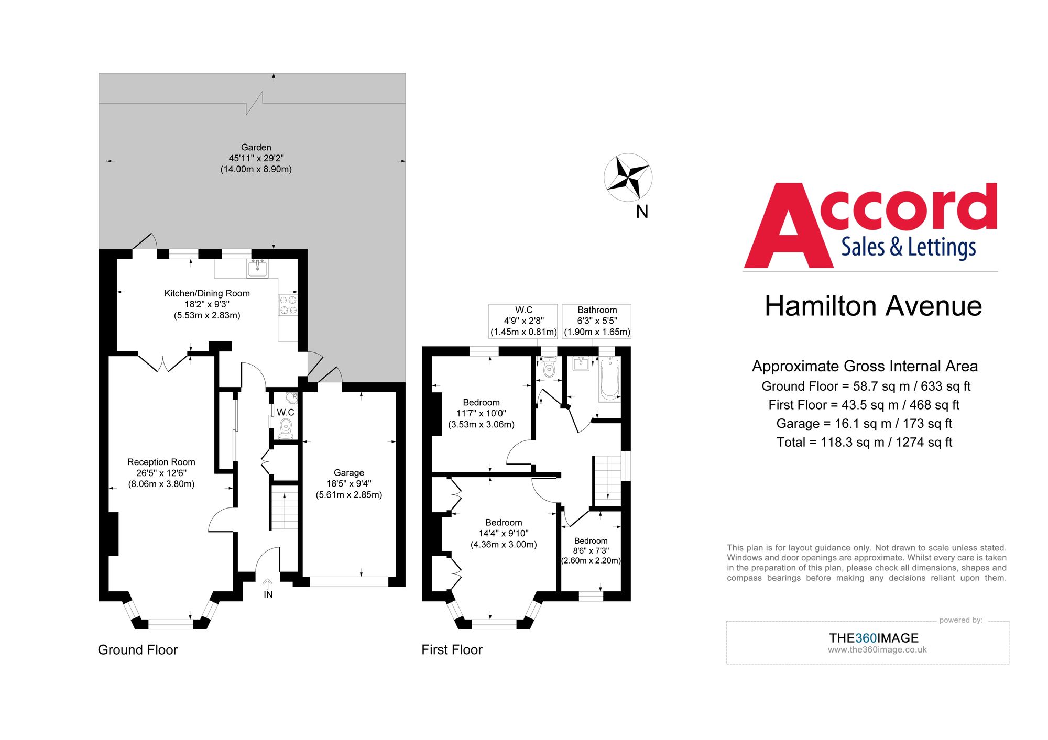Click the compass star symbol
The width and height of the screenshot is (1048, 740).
point(628,177)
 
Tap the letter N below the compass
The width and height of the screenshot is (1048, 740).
point(642,212)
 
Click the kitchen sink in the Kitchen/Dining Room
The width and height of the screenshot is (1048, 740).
point(257,269)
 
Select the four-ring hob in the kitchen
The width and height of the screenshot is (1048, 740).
point(288,305)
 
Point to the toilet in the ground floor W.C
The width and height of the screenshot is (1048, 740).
point(286,427)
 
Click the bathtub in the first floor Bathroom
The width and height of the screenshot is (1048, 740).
point(609,379)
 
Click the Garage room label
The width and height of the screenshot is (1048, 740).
point(348,473)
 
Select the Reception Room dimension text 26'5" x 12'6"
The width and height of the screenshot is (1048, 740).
point(161,473)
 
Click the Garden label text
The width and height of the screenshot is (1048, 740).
point(256,148)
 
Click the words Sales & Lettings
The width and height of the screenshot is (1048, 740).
point(908,247)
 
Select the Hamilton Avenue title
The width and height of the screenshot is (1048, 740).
point(872,306)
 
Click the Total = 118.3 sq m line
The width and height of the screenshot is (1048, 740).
point(864,443)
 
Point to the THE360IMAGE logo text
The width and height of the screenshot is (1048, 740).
point(874,638)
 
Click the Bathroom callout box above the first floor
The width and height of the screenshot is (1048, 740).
point(596,321)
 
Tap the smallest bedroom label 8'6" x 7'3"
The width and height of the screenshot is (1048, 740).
point(591,551)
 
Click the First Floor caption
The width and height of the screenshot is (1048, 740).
point(452,650)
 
